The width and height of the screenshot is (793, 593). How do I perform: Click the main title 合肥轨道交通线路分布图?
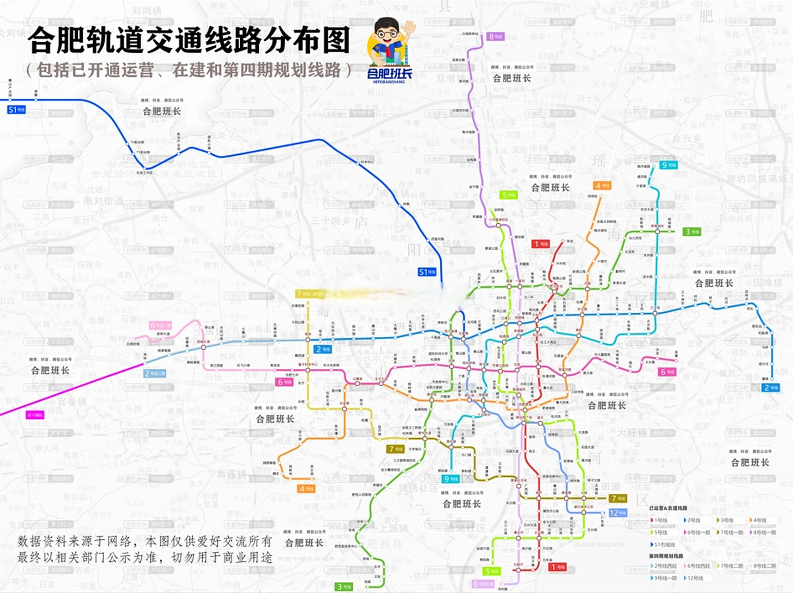click(x=188, y=41)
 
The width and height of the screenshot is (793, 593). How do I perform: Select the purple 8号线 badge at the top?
click(x=495, y=36)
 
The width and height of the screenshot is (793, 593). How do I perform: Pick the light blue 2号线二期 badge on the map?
click(x=155, y=373)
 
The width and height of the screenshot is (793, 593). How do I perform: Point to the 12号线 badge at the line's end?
click(x=618, y=513)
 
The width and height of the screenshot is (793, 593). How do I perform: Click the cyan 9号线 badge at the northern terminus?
click(x=668, y=165)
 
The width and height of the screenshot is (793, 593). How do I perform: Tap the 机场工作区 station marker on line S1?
click(x=145, y=168)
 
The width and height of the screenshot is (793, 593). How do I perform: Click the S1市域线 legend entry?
click(x=663, y=544)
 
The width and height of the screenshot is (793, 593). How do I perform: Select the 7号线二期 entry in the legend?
click(x=731, y=566)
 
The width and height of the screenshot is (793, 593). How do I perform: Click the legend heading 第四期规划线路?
click(x=666, y=556)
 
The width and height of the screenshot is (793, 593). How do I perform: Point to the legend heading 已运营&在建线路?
click(x=668, y=508)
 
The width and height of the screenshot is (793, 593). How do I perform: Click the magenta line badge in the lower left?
click(x=35, y=415)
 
